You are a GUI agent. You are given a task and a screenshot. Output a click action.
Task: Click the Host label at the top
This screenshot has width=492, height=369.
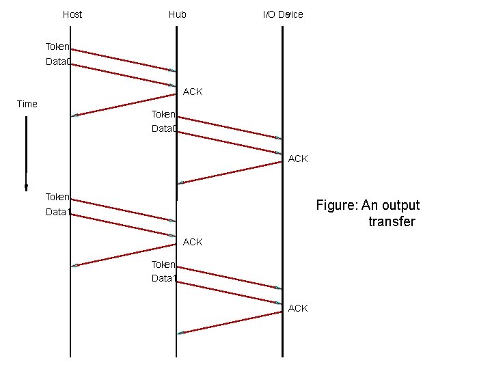[72, 14]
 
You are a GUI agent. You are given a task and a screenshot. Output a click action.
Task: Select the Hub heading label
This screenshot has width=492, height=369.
[178, 14]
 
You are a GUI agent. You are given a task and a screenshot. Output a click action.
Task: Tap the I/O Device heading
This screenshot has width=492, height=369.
[283, 14]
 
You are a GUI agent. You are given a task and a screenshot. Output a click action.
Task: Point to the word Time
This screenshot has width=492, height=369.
[27, 104]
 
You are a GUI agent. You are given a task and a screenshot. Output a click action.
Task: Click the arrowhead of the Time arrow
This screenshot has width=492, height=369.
[26, 186]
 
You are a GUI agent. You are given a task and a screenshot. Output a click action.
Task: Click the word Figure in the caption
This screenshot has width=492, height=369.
[336, 205]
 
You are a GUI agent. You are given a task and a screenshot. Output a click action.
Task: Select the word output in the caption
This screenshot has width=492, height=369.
[400, 205]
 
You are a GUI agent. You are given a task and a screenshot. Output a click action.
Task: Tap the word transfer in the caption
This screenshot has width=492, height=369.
[392, 221]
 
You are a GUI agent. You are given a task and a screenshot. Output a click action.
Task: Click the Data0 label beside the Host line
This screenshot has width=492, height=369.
[57, 62]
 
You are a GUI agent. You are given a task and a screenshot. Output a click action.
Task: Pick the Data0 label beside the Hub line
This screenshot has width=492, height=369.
[164, 128]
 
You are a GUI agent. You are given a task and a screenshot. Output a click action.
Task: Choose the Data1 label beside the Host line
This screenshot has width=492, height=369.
[57, 212]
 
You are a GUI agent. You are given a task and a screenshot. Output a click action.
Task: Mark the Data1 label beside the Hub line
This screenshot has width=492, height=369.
[164, 278]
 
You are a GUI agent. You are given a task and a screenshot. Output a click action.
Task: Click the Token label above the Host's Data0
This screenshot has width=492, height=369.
[57, 47]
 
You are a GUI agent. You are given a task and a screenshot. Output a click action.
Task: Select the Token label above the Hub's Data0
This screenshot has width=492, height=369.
[164, 114]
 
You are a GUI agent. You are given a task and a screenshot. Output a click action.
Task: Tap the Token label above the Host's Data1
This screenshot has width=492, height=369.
[57, 197]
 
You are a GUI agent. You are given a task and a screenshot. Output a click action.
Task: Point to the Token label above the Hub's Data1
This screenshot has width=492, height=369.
[164, 264]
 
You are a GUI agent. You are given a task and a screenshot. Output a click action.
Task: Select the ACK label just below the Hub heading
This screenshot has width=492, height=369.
[193, 92]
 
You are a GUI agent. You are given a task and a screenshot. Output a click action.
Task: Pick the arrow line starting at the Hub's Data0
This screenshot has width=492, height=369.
[230, 142]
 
